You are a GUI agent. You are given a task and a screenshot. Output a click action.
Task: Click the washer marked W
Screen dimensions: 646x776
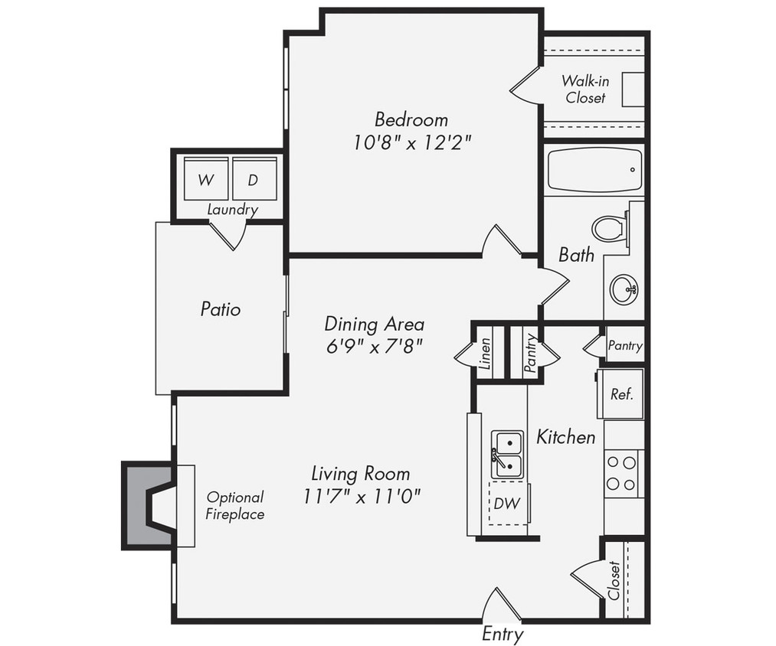point(205,181)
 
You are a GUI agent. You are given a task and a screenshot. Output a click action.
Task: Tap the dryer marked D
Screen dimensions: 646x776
point(253,181)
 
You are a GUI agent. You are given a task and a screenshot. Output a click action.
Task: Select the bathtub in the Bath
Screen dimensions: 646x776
point(594,170)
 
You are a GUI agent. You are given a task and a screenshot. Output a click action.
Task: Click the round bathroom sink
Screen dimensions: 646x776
point(623,289)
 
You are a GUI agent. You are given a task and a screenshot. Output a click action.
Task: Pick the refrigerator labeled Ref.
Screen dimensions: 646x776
point(620,394)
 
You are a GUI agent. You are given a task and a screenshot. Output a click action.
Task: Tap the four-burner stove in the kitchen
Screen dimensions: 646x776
point(621,473)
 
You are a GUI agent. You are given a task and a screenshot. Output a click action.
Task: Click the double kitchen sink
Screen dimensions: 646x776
point(507,453)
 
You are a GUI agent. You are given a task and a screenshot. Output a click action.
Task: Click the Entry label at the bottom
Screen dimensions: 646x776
point(503,634)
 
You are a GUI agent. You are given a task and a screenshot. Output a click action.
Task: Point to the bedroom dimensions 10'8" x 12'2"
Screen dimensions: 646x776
point(412,143)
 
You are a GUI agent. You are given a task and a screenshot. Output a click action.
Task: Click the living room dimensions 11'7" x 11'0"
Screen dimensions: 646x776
point(362,496)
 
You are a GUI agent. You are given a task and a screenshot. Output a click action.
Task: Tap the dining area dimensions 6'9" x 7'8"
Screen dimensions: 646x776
point(373,346)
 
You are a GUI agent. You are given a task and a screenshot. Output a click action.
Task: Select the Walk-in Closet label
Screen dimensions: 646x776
point(585,89)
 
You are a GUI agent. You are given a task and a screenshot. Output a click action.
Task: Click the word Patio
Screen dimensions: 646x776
point(221,309)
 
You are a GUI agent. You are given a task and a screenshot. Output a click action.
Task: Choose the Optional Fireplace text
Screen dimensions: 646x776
point(234,506)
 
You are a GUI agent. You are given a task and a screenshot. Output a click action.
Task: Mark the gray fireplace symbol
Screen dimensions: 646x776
point(149,505)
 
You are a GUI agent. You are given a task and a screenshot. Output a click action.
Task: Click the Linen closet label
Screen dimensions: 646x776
point(485,354)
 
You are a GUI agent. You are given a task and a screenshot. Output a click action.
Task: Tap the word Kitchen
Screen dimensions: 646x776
point(565,438)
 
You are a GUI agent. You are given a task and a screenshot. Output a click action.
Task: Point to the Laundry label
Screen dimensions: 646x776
point(233,210)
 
